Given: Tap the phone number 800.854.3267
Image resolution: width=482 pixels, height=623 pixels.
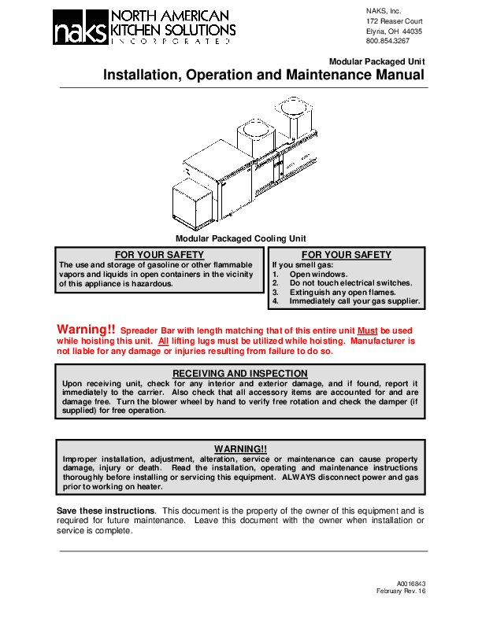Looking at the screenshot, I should coord(387,41).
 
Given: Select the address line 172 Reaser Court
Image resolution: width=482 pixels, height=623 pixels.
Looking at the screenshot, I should coord(395,20).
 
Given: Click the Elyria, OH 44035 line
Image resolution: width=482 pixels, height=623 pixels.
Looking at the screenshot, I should coord(394,31).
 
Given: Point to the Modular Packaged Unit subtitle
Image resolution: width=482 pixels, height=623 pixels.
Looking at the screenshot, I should coord(376,61).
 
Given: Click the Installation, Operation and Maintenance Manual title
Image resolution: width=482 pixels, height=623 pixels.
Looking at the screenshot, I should coord(264,76).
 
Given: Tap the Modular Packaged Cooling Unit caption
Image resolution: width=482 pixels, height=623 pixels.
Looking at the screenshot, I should coord(240,238).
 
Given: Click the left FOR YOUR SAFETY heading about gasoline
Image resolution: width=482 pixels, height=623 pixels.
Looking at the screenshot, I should coord(159,255).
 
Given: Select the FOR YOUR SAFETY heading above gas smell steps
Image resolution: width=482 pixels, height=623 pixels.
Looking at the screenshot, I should coord(346,255).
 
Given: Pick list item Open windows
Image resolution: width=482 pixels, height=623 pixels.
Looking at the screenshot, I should coord(318,274).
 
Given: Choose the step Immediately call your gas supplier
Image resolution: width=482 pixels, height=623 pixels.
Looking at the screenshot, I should coord(354,301).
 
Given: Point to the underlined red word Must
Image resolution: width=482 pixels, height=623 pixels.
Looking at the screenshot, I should coord(368,331).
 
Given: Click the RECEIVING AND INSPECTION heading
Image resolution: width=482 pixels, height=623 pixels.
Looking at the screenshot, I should coord(240,374).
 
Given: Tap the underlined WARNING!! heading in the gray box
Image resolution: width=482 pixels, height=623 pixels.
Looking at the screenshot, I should coord(240,449).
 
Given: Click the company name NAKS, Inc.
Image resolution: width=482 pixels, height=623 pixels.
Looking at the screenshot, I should coord(384,9).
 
